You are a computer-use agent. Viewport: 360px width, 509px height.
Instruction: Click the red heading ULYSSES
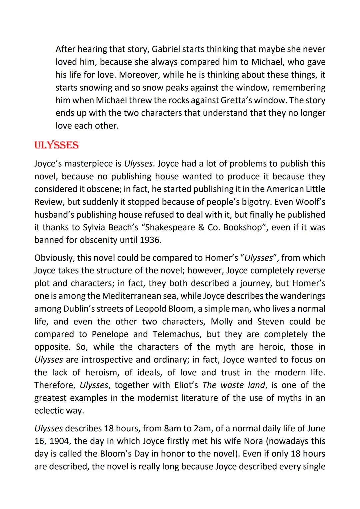point(56,145)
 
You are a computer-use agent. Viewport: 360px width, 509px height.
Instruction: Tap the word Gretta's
point(253,100)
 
